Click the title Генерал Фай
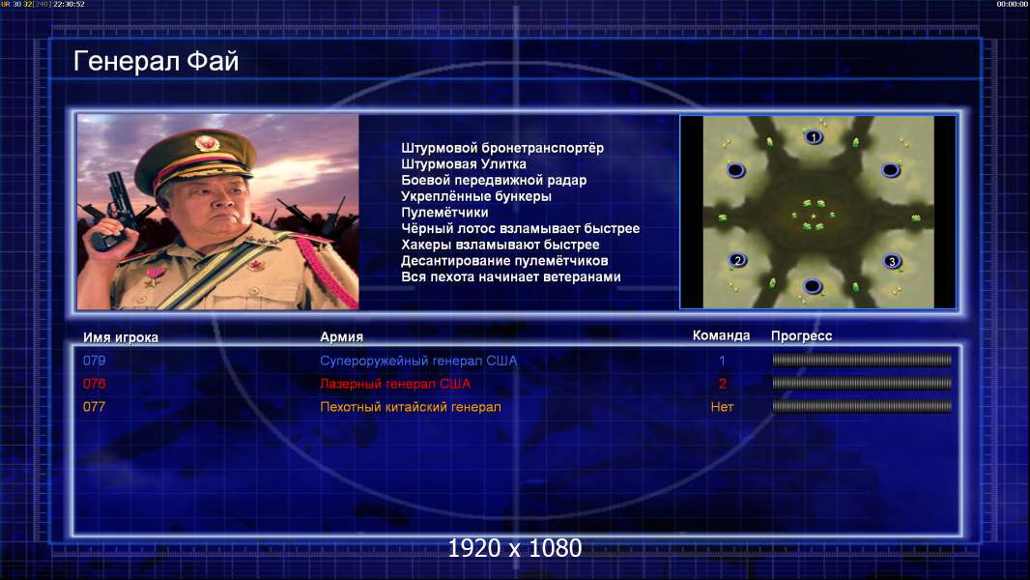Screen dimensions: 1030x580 pos(156,61)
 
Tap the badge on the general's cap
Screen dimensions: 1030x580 pos(206,143)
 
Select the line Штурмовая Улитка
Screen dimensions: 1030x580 pos(463,164)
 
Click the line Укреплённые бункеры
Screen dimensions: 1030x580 pos(475,196)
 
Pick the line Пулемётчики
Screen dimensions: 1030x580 pos(444,212)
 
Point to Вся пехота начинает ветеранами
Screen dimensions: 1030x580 pos(510,276)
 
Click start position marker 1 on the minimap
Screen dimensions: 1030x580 pos(814,137)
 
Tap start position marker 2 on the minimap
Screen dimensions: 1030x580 pos(737,260)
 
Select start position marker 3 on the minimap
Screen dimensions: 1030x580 pos(891,261)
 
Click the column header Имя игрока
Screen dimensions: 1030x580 pos(120,337)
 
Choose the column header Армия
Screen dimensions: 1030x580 pos(341,337)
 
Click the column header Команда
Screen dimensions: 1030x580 pos(721,335)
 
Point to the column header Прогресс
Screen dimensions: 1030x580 pos(801,336)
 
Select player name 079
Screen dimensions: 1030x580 pos(94,361)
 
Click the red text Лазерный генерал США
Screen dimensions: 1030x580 pos(395,384)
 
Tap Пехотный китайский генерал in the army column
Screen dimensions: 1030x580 pos(410,407)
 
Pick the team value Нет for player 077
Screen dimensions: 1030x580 pos(722,407)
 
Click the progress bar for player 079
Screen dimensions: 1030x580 pos(862,360)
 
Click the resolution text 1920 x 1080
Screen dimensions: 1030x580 pos(514,548)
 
